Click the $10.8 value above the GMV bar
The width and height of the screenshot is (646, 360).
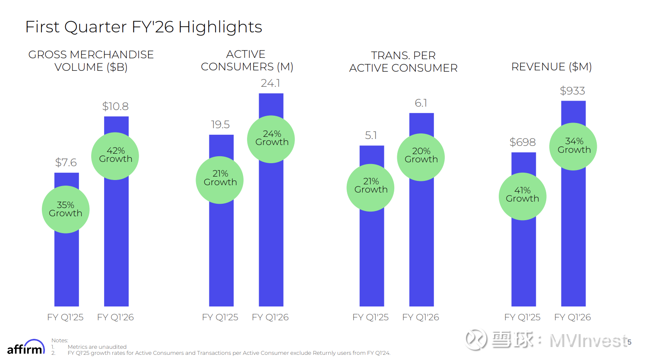(x=115, y=106)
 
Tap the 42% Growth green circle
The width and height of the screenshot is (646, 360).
(x=115, y=156)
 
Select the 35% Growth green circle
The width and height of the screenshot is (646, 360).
(x=66, y=209)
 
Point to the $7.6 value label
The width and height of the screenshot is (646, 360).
(x=66, y=162)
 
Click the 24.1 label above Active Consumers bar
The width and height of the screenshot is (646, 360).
(x=270, y=83)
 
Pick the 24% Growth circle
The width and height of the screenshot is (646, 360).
(x=271, y=139)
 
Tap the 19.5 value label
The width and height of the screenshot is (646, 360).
(x=220, y=125)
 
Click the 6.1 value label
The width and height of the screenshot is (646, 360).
(x=421, y=103)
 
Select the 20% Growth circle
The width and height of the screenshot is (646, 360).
(x=421, y=157)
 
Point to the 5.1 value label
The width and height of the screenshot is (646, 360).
(x=371, y=136)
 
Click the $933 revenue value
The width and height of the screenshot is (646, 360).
(x=572, y=91)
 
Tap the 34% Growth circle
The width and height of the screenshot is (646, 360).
(x=573, y=146)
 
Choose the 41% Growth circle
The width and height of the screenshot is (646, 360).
(x=522, y=196)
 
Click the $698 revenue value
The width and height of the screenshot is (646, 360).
(x=522, y=142)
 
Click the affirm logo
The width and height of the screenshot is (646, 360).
(x=26, y=347)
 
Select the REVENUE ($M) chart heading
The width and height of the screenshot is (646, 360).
(x=551, y=67)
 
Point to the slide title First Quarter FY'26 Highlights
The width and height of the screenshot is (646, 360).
(x=144, y=27)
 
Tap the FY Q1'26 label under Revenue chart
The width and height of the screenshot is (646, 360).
(x=573, y=317)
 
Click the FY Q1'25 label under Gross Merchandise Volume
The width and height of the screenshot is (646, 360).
(x=66, y=317)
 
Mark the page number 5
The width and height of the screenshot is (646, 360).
(x=630, y=342)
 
